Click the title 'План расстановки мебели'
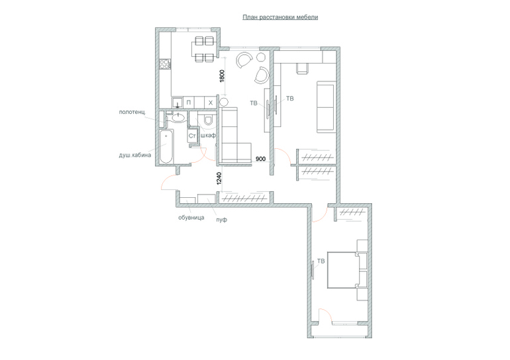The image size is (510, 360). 280,17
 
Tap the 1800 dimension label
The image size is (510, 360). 222,76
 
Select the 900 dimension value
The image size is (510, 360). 261,159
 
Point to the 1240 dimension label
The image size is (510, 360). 219,179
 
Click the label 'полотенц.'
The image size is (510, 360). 132,112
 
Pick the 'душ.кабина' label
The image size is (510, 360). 135,155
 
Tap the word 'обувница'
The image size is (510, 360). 191,217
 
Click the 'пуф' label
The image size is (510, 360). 221,220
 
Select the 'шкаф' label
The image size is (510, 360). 208,135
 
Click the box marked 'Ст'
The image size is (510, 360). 192,136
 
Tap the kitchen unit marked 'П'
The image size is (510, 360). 189,103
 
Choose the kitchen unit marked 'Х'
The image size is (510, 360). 211,103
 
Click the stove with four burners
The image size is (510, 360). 165,64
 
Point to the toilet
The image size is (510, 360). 207,120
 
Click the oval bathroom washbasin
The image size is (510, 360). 178,117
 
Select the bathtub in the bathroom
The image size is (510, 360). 166,146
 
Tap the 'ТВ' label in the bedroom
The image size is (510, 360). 321,261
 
